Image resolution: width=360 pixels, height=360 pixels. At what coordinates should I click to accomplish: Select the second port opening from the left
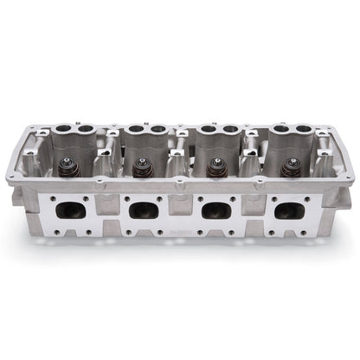(x=143, y=209)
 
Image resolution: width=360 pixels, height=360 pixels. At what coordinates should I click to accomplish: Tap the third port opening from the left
(x=216, y=209)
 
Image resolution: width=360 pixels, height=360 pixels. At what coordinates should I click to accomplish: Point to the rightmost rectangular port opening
(x=290, y=209)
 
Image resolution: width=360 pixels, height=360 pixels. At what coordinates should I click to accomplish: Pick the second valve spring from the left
(x=141, y=167)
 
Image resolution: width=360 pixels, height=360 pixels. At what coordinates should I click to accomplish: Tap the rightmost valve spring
(x=286, y=166)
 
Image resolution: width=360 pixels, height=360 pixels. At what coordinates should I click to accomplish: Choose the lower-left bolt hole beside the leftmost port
(x=50, y=231)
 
